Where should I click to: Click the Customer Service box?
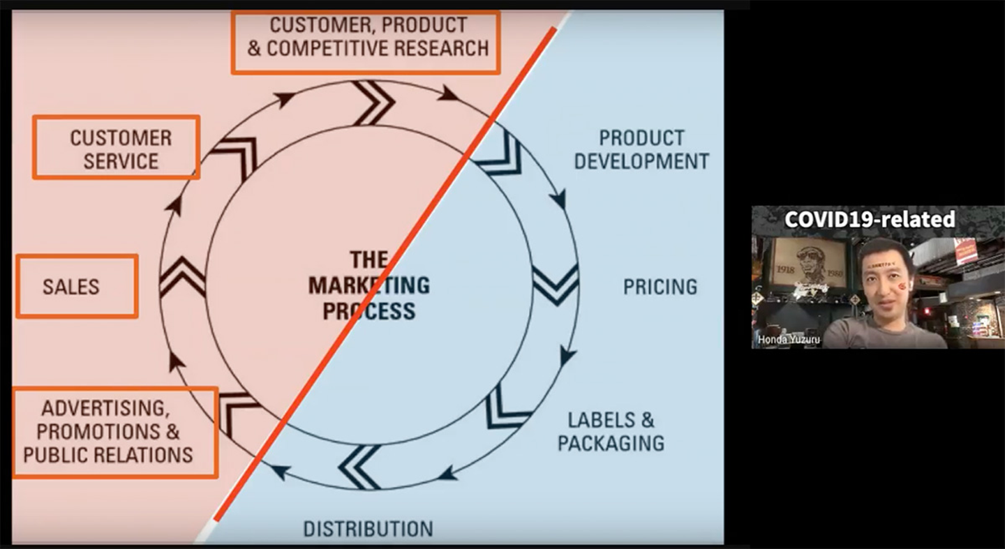pos(117,147)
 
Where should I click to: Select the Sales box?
pos(77,286)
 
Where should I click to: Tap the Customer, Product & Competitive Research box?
pos(366,42)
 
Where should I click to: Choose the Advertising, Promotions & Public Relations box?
pos(114,433)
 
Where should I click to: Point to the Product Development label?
pos(641,149)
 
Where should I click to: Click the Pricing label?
pos(660,287)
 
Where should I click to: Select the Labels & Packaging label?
pos(611,431)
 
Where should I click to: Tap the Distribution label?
pos(367,529)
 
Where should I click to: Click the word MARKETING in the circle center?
pos(368,285)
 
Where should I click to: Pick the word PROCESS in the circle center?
pos(368,310)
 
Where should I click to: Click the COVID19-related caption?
pos(870,219)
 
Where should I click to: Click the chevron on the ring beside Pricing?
pos(556,285)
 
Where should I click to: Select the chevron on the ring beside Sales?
pos(182,278)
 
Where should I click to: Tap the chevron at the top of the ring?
pos(373,103)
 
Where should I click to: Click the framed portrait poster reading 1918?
pos(810,264)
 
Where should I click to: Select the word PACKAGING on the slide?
pos(611,443)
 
